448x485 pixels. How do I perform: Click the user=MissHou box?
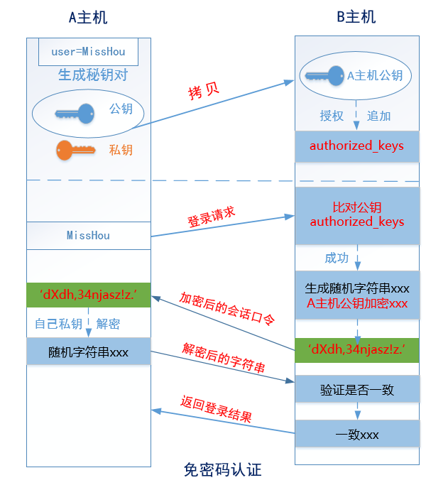88,52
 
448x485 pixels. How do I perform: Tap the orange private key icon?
75,150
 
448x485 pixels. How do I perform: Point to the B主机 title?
356,17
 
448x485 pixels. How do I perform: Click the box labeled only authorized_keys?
356,146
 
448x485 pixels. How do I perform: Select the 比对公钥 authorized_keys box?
356,214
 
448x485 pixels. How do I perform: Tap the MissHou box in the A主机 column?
88,235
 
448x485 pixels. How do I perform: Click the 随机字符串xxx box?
88,352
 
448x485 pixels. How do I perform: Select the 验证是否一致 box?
357,390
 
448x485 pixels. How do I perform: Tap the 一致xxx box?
357,434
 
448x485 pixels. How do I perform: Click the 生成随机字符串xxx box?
357,296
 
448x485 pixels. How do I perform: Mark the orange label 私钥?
121,150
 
